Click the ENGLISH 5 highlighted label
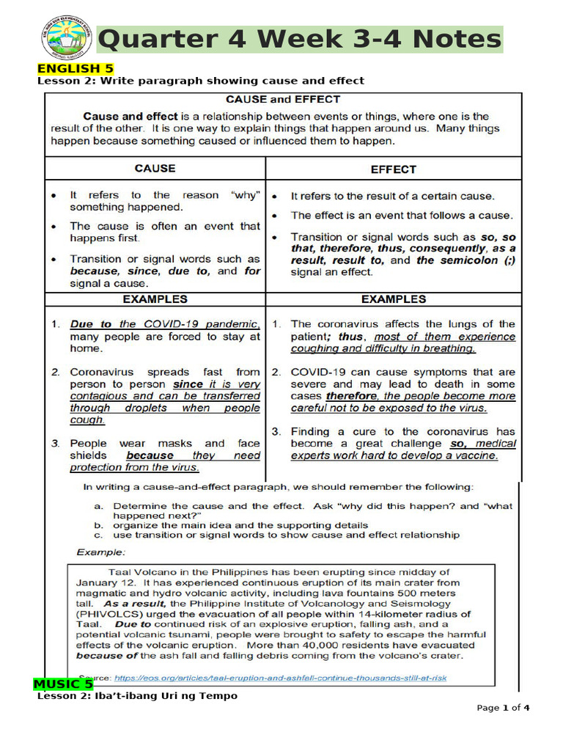pos(68,69)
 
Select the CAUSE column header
pos(155,168)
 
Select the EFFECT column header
pos(393,169)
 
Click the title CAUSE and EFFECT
pos(282,99)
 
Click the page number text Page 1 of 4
pos(503,708)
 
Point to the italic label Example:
pos(102,552)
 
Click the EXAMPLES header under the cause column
pos(155,299)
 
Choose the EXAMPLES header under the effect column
pos(393,299)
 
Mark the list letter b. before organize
pos(98,525)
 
